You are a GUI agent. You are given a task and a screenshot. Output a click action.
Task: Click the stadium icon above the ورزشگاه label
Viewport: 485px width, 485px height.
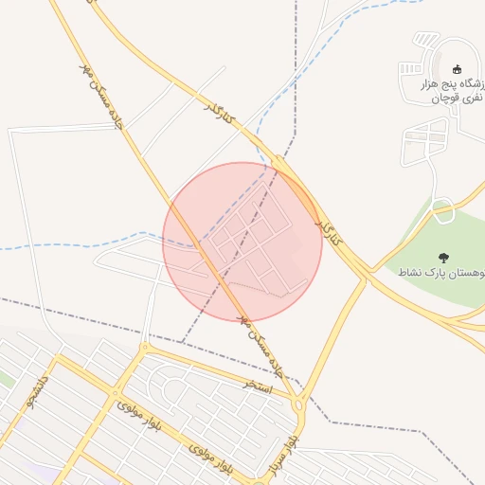click(458, 68)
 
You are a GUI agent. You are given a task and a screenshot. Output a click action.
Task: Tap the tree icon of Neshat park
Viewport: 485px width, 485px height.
click(443, 257)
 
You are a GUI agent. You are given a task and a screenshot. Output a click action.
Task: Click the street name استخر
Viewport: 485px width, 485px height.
click(257, 385)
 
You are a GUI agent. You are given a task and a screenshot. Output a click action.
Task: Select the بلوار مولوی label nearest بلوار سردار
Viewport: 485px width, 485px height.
click(208, 457)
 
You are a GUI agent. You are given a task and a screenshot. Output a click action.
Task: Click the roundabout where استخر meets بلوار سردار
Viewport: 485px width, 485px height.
click(299, 404)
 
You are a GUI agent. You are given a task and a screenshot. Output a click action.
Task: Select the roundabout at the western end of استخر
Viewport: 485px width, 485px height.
click(144, 349)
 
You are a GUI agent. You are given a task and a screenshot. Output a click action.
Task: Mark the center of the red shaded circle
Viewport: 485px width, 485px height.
click(242, 242)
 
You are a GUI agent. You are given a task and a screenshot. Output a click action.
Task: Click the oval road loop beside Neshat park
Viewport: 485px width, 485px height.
click(442, 210)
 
